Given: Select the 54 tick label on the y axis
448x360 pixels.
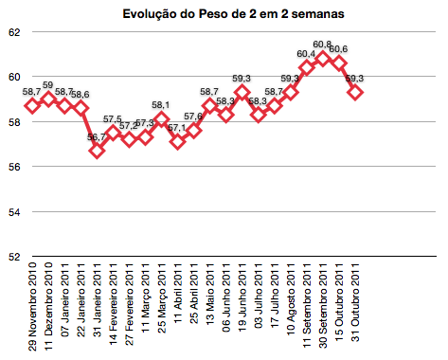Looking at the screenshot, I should click(x=15, y=211).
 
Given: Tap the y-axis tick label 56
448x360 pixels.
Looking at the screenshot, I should click(x=15, y=167).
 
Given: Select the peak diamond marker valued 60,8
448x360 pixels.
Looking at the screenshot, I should click(x=323, y=59).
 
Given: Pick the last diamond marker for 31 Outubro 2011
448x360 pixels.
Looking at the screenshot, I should click(x=355, y=92).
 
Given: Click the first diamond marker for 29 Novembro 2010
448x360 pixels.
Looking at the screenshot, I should click(x=32, y=105).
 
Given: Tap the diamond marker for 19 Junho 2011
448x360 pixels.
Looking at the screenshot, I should click(x=242, y=92).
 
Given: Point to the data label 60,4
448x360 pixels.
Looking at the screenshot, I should click(x=306, y=54).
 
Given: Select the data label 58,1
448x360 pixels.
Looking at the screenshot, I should click(x=161, y=106).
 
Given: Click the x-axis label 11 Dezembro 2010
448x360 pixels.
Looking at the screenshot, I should click(x=48, y=307).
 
